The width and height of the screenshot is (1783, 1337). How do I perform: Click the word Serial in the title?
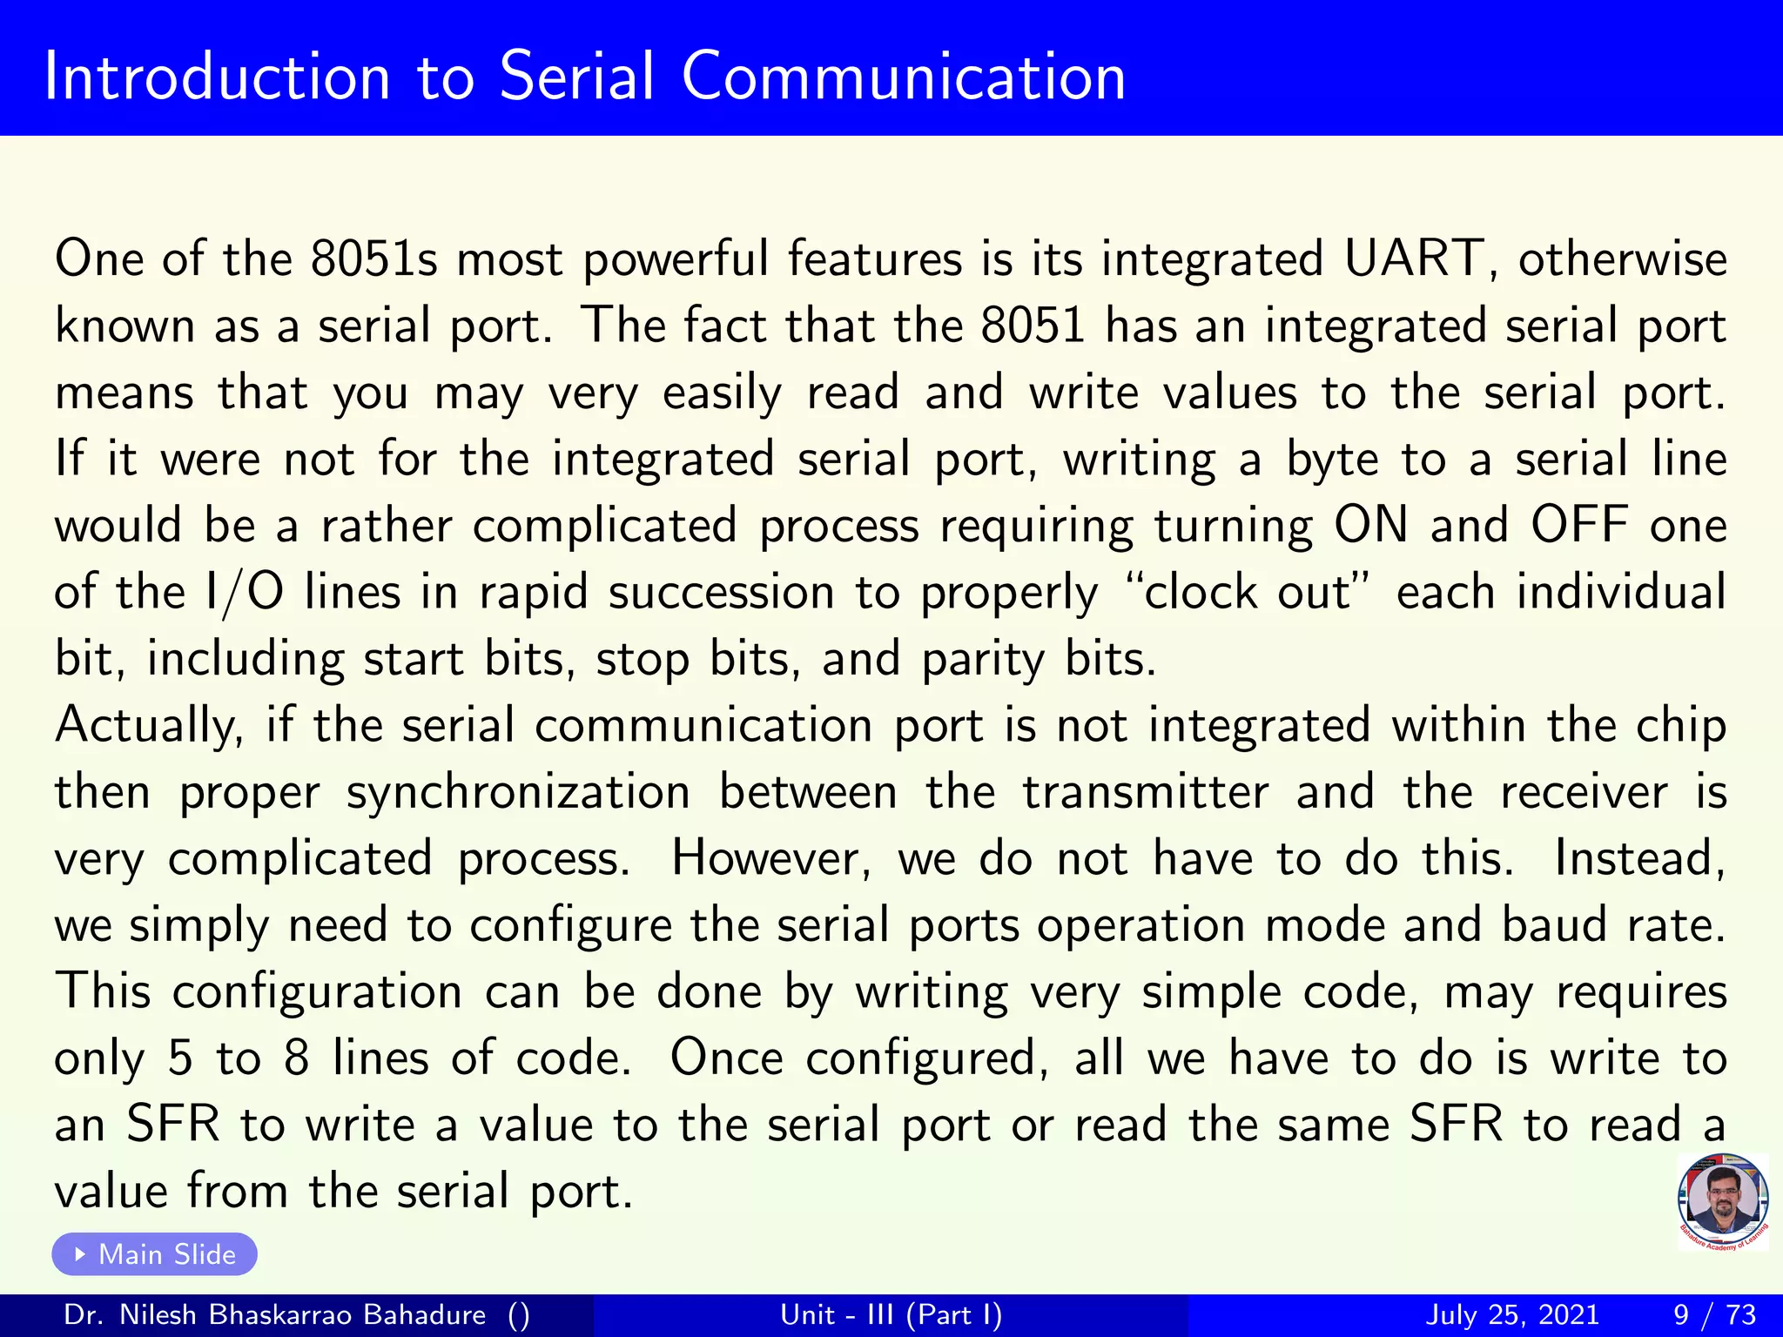575,77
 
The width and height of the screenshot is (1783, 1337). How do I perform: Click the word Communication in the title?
904,77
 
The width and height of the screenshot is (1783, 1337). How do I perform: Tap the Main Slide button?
155,1254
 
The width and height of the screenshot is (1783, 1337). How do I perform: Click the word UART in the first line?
1414,259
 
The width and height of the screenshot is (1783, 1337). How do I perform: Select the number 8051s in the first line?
373,259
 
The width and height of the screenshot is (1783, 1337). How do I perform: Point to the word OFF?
1579,525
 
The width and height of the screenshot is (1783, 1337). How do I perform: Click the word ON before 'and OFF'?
1370,525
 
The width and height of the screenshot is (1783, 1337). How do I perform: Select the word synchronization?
518,793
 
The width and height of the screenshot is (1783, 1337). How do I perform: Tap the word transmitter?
1145,792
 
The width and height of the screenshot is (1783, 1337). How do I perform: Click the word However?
770,858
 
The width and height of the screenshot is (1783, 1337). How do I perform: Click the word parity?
983,660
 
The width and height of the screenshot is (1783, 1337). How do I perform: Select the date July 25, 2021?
1512,1314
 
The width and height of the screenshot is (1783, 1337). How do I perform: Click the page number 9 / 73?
1714,1314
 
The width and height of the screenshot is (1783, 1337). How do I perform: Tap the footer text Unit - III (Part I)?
891,1314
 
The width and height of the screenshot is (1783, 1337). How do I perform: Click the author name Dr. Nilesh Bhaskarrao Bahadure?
275,1314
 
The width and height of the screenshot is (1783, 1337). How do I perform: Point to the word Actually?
149,727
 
